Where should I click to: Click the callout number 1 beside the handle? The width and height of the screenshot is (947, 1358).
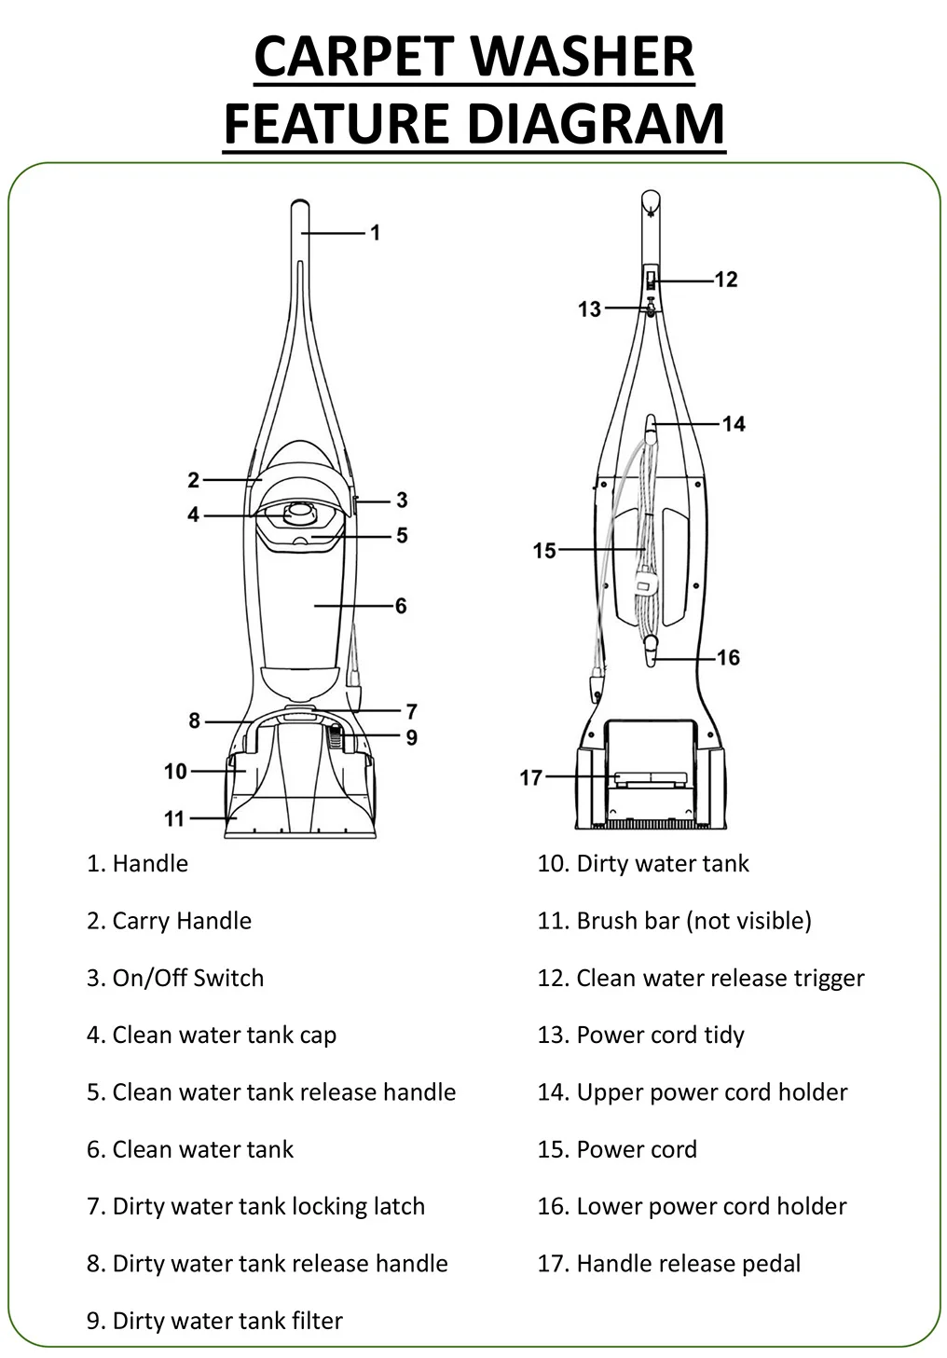[375, 232]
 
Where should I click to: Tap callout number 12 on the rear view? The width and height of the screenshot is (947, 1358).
[725, 279]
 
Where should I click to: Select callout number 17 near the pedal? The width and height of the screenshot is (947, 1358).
[530, 776]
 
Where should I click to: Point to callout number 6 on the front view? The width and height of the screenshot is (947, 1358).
[401, 606]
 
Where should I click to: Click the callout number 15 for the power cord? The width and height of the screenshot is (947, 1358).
[544, 551]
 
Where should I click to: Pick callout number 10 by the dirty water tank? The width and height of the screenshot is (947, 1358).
[175, 771]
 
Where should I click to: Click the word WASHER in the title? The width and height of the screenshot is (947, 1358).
[583, 57]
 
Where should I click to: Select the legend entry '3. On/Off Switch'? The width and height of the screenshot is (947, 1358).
[175, 978]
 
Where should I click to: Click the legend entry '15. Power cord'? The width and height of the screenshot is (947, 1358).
[616, 1149]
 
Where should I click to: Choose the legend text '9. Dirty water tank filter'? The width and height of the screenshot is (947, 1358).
[214, 1321]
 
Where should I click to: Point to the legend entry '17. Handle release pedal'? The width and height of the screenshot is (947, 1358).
[668, 1264]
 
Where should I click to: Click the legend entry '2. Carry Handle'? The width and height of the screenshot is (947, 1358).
[169, 921]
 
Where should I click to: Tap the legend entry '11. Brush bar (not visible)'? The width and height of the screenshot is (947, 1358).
[674, 921]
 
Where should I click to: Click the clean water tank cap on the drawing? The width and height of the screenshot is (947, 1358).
[299, 510]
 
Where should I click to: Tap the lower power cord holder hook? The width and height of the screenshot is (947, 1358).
[649, 649]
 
